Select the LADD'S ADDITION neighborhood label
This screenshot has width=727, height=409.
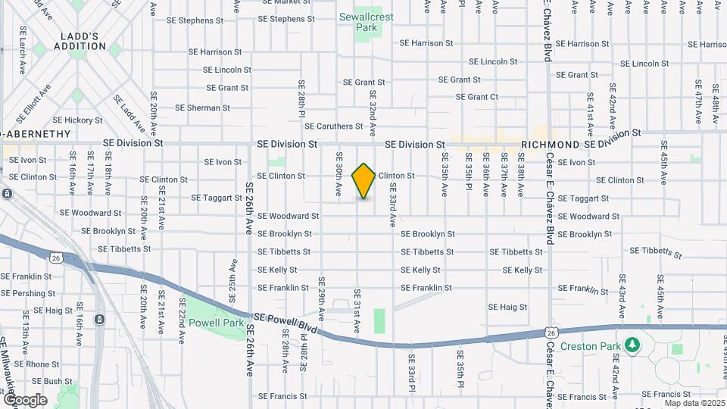click(80, 40)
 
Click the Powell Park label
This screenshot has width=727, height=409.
click(217, 323)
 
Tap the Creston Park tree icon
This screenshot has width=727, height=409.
click(632, 345)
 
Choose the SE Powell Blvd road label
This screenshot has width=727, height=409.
click(288, 324)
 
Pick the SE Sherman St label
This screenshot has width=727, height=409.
click(203, 108)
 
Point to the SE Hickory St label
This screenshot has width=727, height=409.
click(78, 120)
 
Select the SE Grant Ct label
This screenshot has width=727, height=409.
click(477, 97)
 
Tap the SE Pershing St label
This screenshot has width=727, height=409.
click(27, 292)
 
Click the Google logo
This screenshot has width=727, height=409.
click(25, 399)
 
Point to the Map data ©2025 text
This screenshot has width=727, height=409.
click(695, 403)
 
